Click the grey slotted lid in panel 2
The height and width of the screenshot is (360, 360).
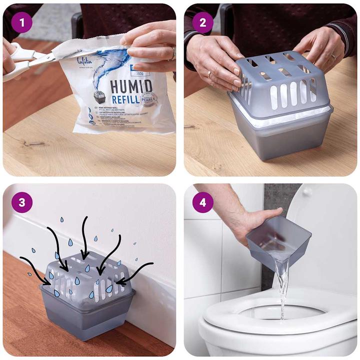280,80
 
